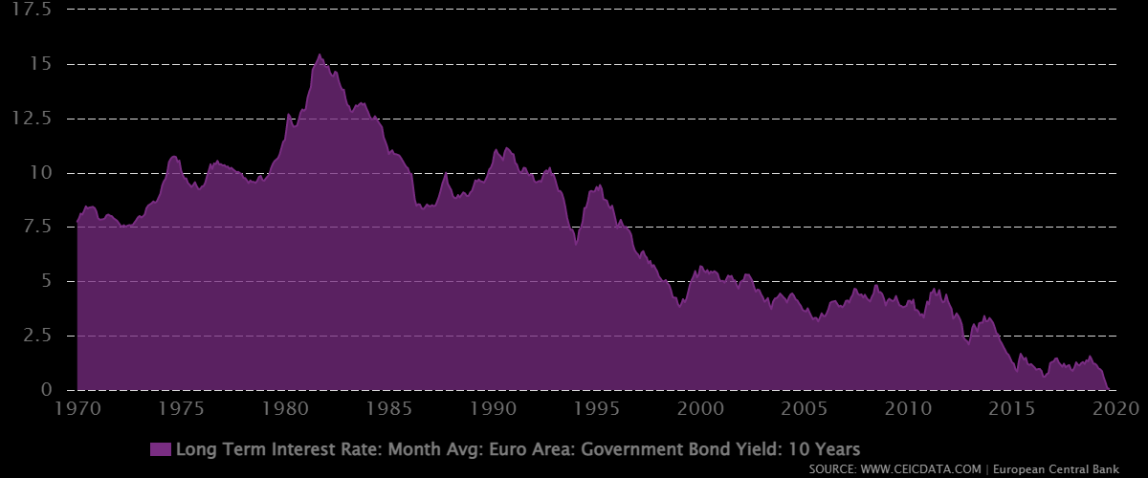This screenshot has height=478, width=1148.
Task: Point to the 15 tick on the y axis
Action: [42, 64]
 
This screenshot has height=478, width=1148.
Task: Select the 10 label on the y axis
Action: [42, 173]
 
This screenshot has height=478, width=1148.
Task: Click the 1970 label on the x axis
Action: [77, 408]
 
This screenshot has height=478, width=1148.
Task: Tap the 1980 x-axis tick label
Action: [285, 408]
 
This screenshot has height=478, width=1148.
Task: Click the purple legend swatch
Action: [161, 449]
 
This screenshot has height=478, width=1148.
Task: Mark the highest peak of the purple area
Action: [320, 55]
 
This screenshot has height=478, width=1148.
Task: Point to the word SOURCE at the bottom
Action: [833, 470]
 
